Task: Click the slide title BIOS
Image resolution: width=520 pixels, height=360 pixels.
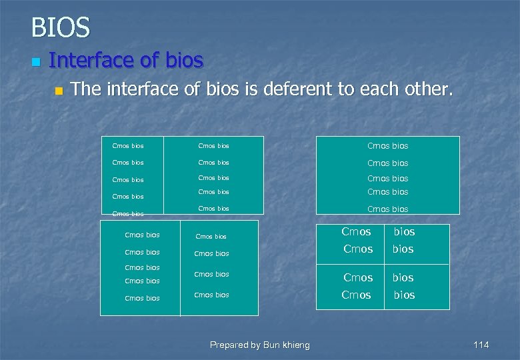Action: click(60, 28)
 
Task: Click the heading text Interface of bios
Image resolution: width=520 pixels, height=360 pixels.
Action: click(126, 61)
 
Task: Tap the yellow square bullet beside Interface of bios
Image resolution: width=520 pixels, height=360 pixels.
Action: click(36, 62)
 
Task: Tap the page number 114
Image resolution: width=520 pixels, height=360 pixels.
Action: click(481, 345)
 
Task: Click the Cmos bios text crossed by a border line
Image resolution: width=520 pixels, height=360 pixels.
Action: click(128, 214)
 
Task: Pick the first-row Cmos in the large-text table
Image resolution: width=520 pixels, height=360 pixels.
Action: click(356, 232)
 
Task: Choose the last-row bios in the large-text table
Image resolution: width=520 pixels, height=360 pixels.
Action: click(404, 295)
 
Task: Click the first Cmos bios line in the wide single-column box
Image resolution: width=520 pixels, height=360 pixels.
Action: click(387, 146)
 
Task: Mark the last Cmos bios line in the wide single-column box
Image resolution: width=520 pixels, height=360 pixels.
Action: click(387, 209)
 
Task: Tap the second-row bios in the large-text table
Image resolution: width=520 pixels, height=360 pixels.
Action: click(403, 249)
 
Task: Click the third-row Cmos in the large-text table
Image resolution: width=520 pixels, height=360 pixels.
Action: click(358, 277)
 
